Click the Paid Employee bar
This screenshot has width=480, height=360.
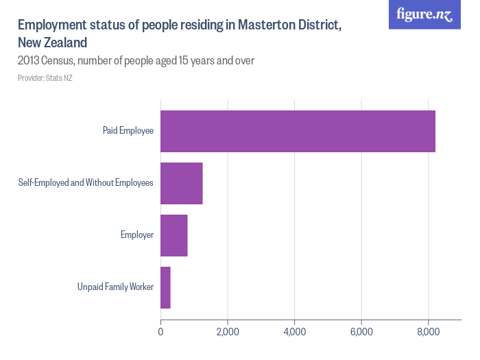tap(298, 131)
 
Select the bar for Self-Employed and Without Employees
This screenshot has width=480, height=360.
tap(181, 183)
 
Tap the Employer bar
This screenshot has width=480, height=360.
tap(173, 235)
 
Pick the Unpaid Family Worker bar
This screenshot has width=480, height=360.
tap(165, 287)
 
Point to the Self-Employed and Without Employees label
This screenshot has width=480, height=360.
tap(86, 183)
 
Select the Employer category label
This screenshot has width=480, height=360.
tap(137, 235)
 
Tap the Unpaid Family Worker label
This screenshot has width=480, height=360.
tap(115, 287)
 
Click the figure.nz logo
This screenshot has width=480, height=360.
tap(425, 15)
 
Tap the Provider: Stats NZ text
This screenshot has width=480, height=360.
tap(45, 78)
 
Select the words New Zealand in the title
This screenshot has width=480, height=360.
tap(52, 43)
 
